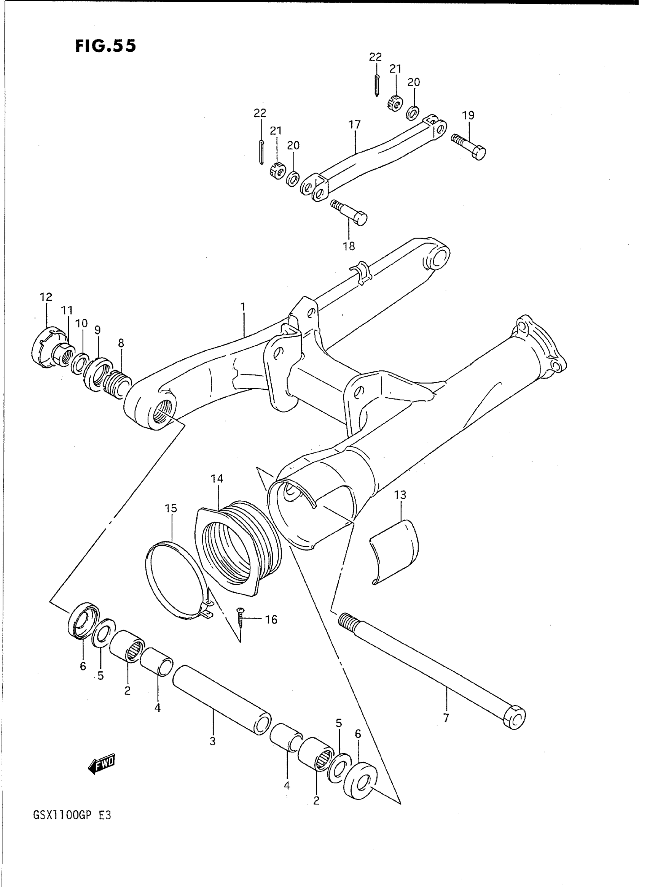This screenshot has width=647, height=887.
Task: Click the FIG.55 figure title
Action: (105, 46)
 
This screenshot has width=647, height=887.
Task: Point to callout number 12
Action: (46, 297)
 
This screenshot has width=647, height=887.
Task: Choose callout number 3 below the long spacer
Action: (213, 741)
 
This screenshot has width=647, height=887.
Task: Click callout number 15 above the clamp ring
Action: (171, 509)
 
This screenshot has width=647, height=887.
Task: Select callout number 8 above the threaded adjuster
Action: (121, 344)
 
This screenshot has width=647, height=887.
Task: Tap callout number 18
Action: (349, 246)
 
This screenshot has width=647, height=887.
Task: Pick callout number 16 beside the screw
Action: (271, 619)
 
